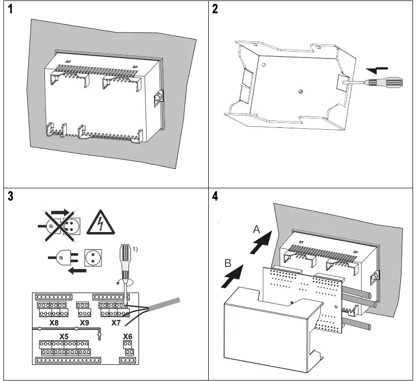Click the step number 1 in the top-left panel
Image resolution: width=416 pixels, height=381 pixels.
[x=9, y=10]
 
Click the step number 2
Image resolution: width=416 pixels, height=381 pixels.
[x=215, y=10]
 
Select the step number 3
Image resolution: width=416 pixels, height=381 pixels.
[x=9, y=196]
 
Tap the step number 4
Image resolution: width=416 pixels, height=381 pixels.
[x=215, y=196]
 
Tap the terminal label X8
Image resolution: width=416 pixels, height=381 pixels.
[x=56, y=322]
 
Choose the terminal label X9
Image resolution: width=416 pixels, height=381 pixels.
[x=84, y=322]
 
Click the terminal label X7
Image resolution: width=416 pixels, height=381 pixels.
[x=116, y=322]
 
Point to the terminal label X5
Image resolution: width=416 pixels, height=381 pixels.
[x=64, y=336]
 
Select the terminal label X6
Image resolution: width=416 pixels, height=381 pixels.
[x=128, y=336]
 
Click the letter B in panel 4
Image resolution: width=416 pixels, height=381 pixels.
[x=227, y=264]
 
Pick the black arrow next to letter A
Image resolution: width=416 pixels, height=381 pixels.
[x=262, y=243]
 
